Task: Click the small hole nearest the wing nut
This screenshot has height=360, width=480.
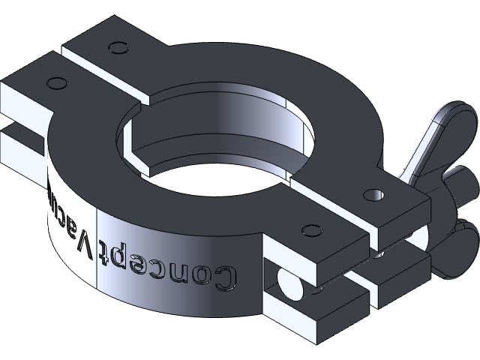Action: coord(373,194)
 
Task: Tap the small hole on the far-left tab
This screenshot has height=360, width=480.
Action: coord(54,80)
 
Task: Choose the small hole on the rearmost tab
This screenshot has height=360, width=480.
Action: coord(115,48)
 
